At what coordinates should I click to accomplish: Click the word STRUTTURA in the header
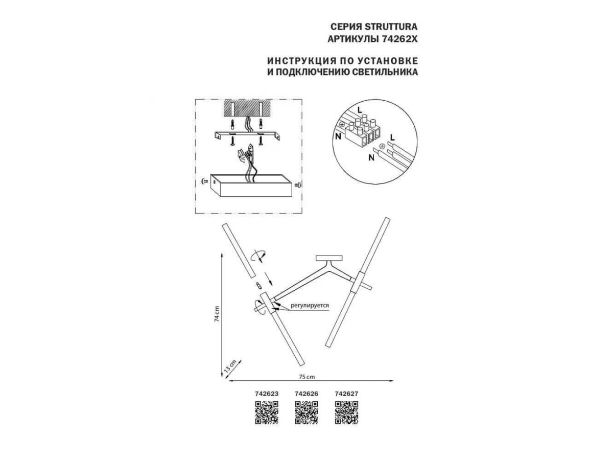point(390,27)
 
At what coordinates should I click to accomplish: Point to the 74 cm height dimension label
point(217,314)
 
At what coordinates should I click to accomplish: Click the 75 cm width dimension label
point(307,377)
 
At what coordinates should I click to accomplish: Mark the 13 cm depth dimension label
point(230,365)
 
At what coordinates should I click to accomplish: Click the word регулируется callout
point(310,305)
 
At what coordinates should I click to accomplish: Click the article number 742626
point(306,394)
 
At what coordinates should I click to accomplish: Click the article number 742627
point(346,394)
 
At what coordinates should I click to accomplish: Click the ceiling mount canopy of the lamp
point(328,258)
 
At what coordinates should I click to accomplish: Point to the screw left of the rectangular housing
point(203,181)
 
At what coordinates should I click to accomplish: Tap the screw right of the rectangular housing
point(298,185)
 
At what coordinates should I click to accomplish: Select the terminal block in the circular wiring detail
point(363,132)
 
